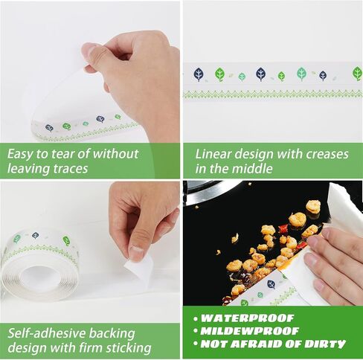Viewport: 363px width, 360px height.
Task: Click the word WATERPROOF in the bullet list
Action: click(x=248, y=318)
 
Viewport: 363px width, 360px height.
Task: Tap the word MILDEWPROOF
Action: click(x=249, y=331)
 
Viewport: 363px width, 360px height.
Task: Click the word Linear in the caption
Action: click(x=213, y=154)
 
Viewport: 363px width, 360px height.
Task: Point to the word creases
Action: click(x=327, y=155)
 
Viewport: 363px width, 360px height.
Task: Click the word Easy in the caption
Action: click(x=20, y=154)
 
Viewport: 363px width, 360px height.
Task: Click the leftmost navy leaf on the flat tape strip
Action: click(x=199, y=74)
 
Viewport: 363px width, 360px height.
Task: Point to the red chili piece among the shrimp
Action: click(x=283, y=228)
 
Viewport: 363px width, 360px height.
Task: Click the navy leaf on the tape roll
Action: click(x=36, y=235)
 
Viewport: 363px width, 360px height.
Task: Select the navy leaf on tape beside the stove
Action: click(x=272, y=284)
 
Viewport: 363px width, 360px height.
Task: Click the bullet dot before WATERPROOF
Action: click(x=196, y=318)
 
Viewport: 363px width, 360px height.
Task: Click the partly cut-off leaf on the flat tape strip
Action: click(x=358, y=74)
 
